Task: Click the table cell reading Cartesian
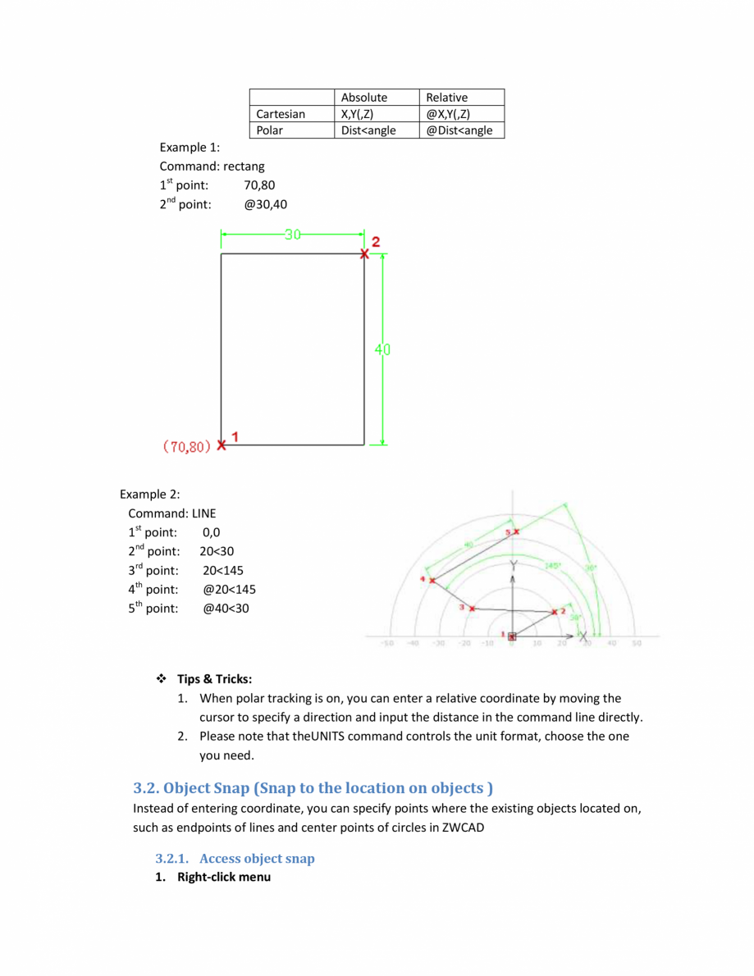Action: tap(281, 114)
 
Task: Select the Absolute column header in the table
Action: tap(363, 98)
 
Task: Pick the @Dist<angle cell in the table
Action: tap(459, 130)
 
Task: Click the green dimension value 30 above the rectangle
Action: tap(292, 235)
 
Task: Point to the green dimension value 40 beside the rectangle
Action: tap(383, 349)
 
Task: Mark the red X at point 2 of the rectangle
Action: tap(364, 253)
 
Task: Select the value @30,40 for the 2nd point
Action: tap(266, 204)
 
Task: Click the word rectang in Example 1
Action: tap(244, 166)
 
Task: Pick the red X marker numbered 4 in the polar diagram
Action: tap(432, 580)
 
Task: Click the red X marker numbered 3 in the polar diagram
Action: tap(472, 608)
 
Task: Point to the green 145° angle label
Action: tap(552, 567)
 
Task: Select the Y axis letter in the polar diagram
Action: tap(513, 566)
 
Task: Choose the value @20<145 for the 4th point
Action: tap(229, 589)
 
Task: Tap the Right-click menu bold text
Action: tap(224, 878)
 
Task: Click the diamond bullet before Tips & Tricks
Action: tap(162, 679)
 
